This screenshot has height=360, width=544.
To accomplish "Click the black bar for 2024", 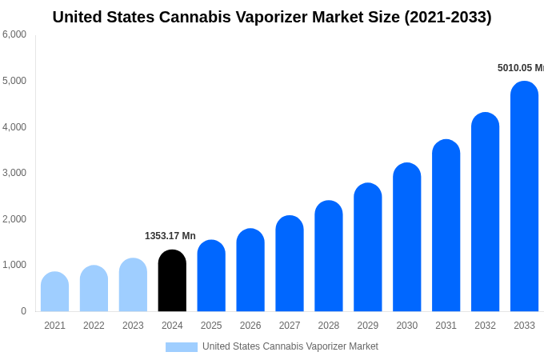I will click(x=172, y=282).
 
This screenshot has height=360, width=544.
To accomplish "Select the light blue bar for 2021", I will click(x=54, y=292).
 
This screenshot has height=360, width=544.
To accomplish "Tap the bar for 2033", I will click(x=524, y=197).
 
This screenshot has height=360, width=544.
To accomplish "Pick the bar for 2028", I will click(x=329, y=256).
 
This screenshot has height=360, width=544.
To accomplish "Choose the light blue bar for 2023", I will click(x=133, y=286).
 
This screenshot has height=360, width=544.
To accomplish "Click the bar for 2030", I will click(x=406, y=238).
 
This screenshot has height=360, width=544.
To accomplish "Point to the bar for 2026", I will click(x=250, y=270).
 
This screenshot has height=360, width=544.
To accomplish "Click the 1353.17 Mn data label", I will click(x=170, y=236).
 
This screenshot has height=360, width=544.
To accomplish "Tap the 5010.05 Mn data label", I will click(x=520, y=68).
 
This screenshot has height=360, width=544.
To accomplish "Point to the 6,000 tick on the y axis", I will click(x=14, y=34).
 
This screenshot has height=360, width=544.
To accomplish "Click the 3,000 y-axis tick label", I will click(x=14, y=173).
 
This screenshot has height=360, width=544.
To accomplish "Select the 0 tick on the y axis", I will click(x=23, y=311).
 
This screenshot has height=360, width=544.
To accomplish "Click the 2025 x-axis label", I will click(x=211, y=326).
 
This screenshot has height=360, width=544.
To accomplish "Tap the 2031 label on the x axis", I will click(x=446, y=326).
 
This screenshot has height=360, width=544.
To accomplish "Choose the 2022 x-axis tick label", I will click(x=94, y=326).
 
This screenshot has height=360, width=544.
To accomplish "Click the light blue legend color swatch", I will click(x=181, y=347).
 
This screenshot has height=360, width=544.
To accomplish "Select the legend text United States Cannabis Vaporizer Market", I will click(x=290, y=346).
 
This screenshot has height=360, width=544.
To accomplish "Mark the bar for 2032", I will click(x=485, y=212).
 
